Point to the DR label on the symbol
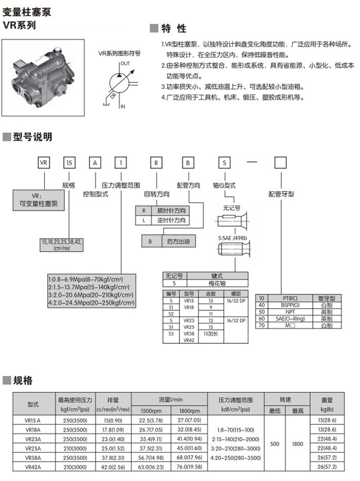point(112,95)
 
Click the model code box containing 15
point(69,163)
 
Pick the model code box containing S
point(224,163)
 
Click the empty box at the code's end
point(280,163)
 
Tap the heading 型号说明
point(32,137)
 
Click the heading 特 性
point(174,28)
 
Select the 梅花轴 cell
point(210,283)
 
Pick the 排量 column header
point(113,400)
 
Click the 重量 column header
point(327,400)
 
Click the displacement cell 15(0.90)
point(113,420)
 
